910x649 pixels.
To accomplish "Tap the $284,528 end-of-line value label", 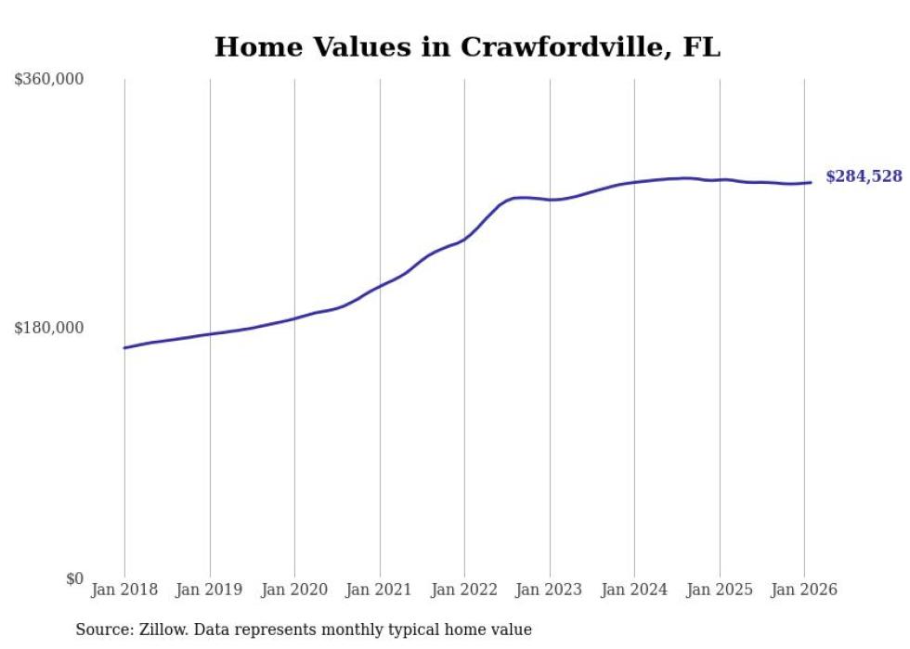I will click(x=863, y=176).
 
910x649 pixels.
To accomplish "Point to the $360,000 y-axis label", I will click(x=49, y=80).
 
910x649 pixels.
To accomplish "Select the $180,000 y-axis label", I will click(x=49, y=328).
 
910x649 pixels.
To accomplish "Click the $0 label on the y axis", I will click(x=74, y=578).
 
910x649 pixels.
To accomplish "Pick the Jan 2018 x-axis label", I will click(x=124, y=591).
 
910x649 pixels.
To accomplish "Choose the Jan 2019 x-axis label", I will click(x=209, y=591).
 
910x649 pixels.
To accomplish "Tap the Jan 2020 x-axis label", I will click(x=294, y=591).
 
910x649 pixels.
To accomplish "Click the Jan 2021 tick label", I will click(x=379, y=591).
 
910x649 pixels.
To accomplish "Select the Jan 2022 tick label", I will click(x=464, y=591).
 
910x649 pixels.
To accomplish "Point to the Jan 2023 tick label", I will click(x=549, y=591).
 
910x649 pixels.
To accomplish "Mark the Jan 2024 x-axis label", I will click(x=634, y=591).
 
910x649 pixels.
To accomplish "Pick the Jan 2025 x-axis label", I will click(x=719, y=591).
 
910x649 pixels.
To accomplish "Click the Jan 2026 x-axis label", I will click(x=804, y=591).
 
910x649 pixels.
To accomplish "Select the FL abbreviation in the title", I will click(x=701, y=47).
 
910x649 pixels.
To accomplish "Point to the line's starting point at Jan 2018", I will click(x=124, y=348).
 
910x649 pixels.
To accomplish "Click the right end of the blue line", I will click(x=811, y=182).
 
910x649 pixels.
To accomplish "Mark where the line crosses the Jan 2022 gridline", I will click(x=464, y=240).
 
